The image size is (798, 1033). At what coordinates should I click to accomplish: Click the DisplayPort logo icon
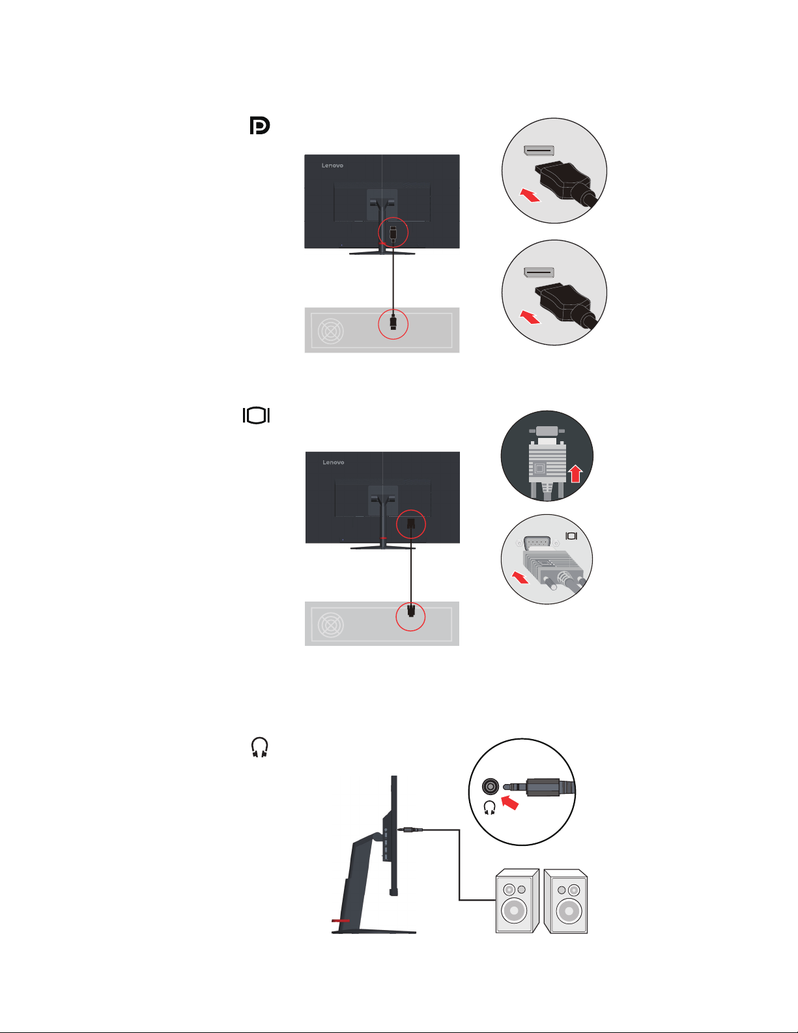(x=260, y=126)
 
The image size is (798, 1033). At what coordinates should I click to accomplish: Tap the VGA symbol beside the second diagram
(x=256, y=416)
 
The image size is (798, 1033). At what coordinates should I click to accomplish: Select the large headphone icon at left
(x=259, y=747)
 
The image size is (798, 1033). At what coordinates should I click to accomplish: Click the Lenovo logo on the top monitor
(x=332, y=166)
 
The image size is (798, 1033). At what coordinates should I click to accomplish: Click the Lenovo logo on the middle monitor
(x=333, y=462)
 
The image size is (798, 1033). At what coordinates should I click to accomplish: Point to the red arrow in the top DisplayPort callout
(x=530, y=195)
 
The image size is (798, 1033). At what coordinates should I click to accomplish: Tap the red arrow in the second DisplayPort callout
(x=530, y=317)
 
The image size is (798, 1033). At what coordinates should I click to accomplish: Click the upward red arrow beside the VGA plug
(x=576, y=474)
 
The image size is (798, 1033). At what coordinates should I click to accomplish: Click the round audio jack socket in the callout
(x=490, y=787)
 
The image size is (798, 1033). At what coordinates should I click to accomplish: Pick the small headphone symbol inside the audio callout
(x=489, y=807)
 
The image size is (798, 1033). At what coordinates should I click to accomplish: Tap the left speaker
(x=517, y=901)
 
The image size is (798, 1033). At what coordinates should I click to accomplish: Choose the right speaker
(x=565, y=901)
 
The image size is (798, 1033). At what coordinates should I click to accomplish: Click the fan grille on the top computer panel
(x=331, y=331)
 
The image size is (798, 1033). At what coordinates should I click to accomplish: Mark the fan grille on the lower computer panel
(x=331, y=624)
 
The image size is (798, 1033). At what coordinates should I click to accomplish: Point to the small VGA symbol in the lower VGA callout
(x=571, y=536)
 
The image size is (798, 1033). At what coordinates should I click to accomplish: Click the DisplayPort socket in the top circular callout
(x=539, y=151)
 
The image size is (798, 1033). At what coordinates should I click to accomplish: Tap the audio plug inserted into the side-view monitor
(x=410, y=830)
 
